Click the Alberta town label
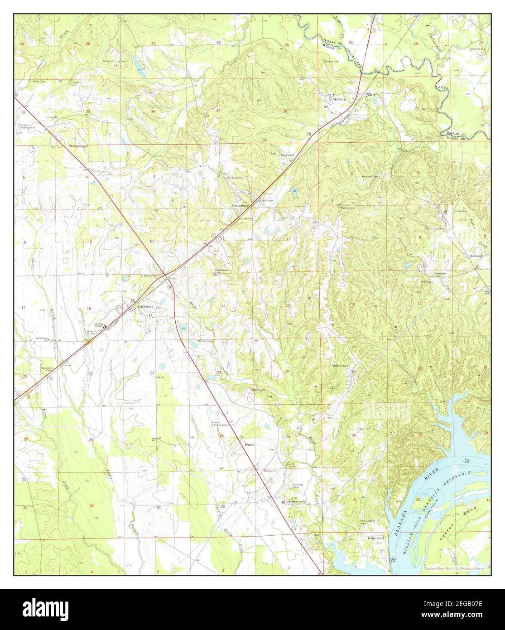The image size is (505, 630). click(x=339, y=98)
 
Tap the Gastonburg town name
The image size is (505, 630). click(x=241, y=205)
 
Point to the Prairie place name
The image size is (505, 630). click(x=250, y=445)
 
